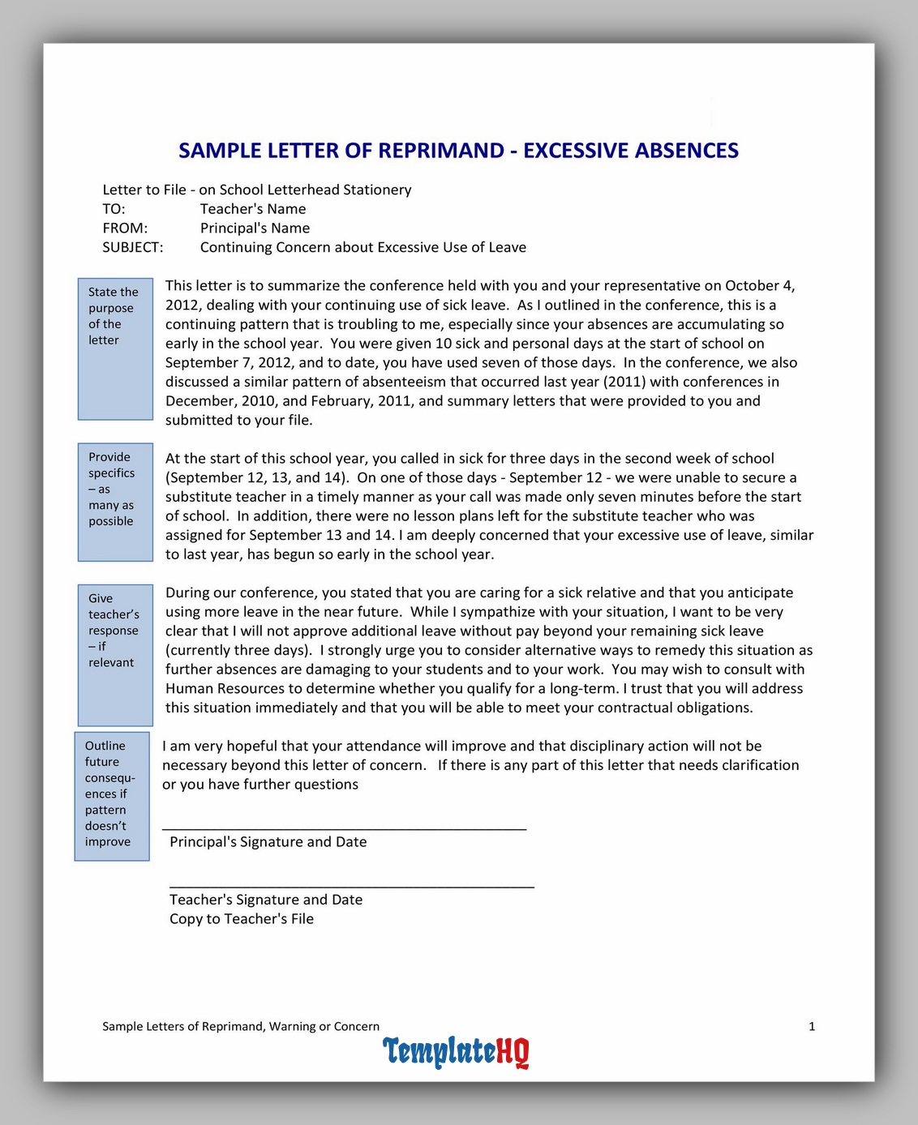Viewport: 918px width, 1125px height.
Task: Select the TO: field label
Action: tap(114, 209)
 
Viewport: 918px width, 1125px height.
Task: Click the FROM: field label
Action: tap(125, 229)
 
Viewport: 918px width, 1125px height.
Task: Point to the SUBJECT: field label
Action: tap(132, 247)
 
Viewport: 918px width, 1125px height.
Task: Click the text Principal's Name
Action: tap(255, 229)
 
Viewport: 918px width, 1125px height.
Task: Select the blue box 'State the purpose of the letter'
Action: tap(115, 349)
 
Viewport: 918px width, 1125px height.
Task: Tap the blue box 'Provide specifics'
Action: tap(115, 502)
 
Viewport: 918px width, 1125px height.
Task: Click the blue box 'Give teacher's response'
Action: tap(115, 655)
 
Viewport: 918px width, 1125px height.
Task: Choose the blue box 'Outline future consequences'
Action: tap(112, 796)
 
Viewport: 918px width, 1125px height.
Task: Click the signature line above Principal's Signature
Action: tap(344, 828)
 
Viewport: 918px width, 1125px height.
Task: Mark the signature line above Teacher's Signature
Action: tap(351, 887)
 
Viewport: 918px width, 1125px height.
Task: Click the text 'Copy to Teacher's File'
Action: tap(242, 919)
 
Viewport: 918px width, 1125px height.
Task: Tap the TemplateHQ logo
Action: tap(456, 1051)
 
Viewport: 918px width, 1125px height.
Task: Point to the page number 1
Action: tap(812, 1027)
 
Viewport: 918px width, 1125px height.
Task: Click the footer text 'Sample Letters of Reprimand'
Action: tap(241, 1027)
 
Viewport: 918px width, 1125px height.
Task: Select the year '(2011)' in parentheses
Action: tap(624, 382)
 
